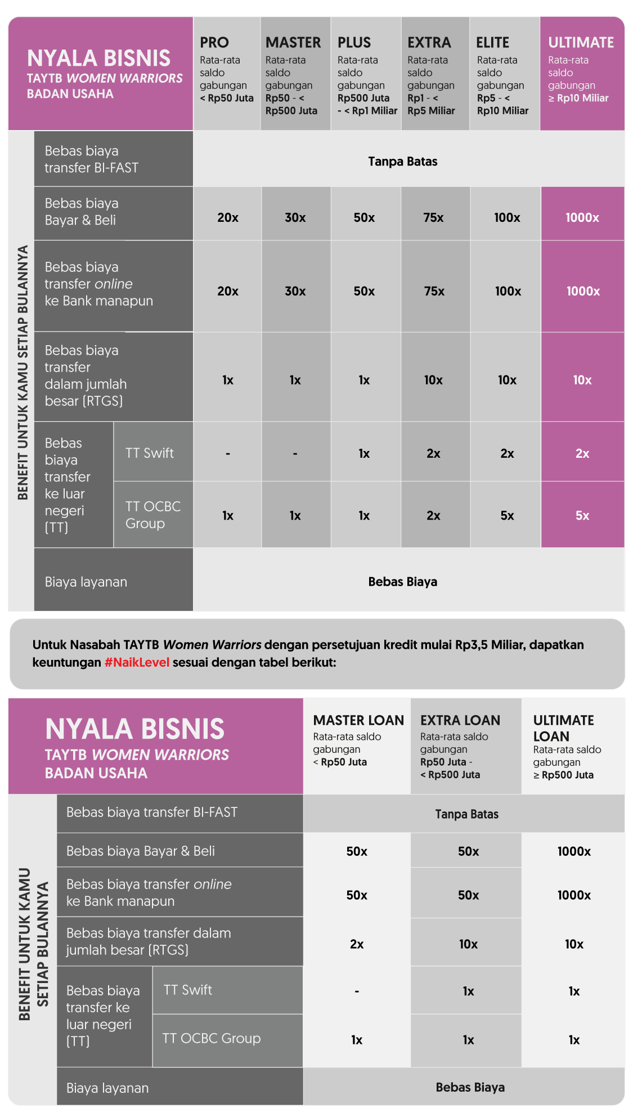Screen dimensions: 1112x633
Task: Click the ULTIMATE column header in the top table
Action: [x=581, y=43]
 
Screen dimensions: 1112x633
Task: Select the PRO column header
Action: [x=214, y=43]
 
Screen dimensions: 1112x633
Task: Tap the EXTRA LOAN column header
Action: [x=460, y=720]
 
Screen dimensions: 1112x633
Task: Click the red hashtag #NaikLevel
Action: [x=137, y=662]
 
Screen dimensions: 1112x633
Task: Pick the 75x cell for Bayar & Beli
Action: [x=433, y=217]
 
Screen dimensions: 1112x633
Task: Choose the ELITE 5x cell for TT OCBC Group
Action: [x=507, y=515]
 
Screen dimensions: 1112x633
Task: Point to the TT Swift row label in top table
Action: [x=150, y=453]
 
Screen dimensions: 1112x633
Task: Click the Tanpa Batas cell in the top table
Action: [x=402, y=162]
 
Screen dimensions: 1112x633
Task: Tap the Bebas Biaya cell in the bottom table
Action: [x=470, y=1087]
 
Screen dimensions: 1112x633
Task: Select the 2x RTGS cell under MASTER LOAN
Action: [x=357, y=944]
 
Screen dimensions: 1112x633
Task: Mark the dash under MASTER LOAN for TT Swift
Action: [x=357, y=991]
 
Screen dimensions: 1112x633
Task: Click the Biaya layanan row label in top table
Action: [x=86, y=582]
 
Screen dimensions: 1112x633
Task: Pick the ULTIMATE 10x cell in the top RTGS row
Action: [x=582, y=380]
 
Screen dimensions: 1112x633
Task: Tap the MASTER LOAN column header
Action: [x=358, y=720]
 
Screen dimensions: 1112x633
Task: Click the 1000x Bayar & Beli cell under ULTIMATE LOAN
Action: [x=574, y=851]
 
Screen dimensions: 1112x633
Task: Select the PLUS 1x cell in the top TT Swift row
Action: [x=364, y=453]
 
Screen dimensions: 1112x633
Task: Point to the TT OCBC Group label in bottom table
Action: [x=212, y=1038]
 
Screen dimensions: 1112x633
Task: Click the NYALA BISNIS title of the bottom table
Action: [x=135, y=729]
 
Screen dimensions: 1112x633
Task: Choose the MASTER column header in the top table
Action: [x=293, y=43]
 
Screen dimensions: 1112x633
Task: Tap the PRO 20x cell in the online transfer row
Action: [x=228, y=291]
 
